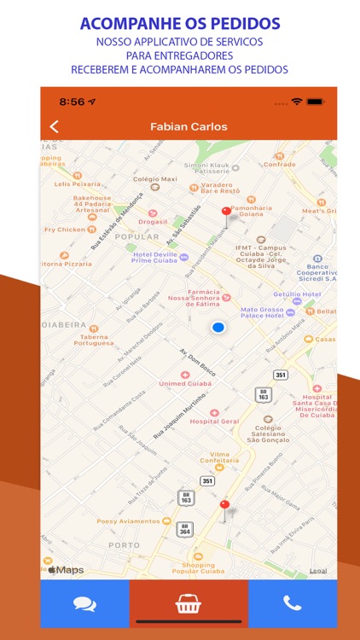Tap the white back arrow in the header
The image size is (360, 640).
[55, 126]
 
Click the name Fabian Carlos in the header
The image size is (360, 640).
[189, 126]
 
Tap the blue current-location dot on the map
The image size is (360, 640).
[218, 328]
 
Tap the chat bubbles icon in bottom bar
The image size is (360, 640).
[84, 604]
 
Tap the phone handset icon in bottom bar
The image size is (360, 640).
[293, 603]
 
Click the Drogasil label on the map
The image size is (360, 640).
[154, 222]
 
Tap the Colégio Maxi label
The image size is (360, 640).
[156, 179]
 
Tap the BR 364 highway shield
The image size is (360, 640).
[185, 529]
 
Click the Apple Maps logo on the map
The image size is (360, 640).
[66, 569]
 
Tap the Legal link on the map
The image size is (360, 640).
[317, 570]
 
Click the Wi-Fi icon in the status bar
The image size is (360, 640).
[296, 102]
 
